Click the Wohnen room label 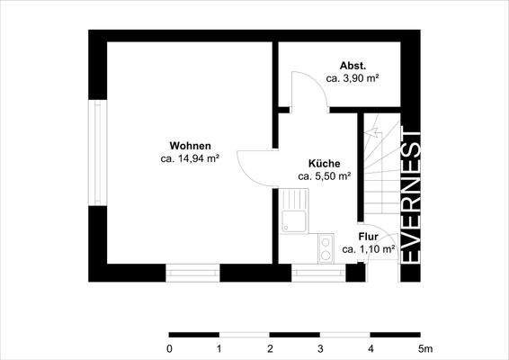190,146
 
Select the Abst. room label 351,67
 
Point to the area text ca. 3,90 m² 351,79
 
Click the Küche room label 324,164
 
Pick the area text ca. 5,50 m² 324,176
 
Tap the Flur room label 369,237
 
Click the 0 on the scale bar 169,348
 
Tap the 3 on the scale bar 320,348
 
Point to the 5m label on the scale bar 424,348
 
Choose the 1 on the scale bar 219,348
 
